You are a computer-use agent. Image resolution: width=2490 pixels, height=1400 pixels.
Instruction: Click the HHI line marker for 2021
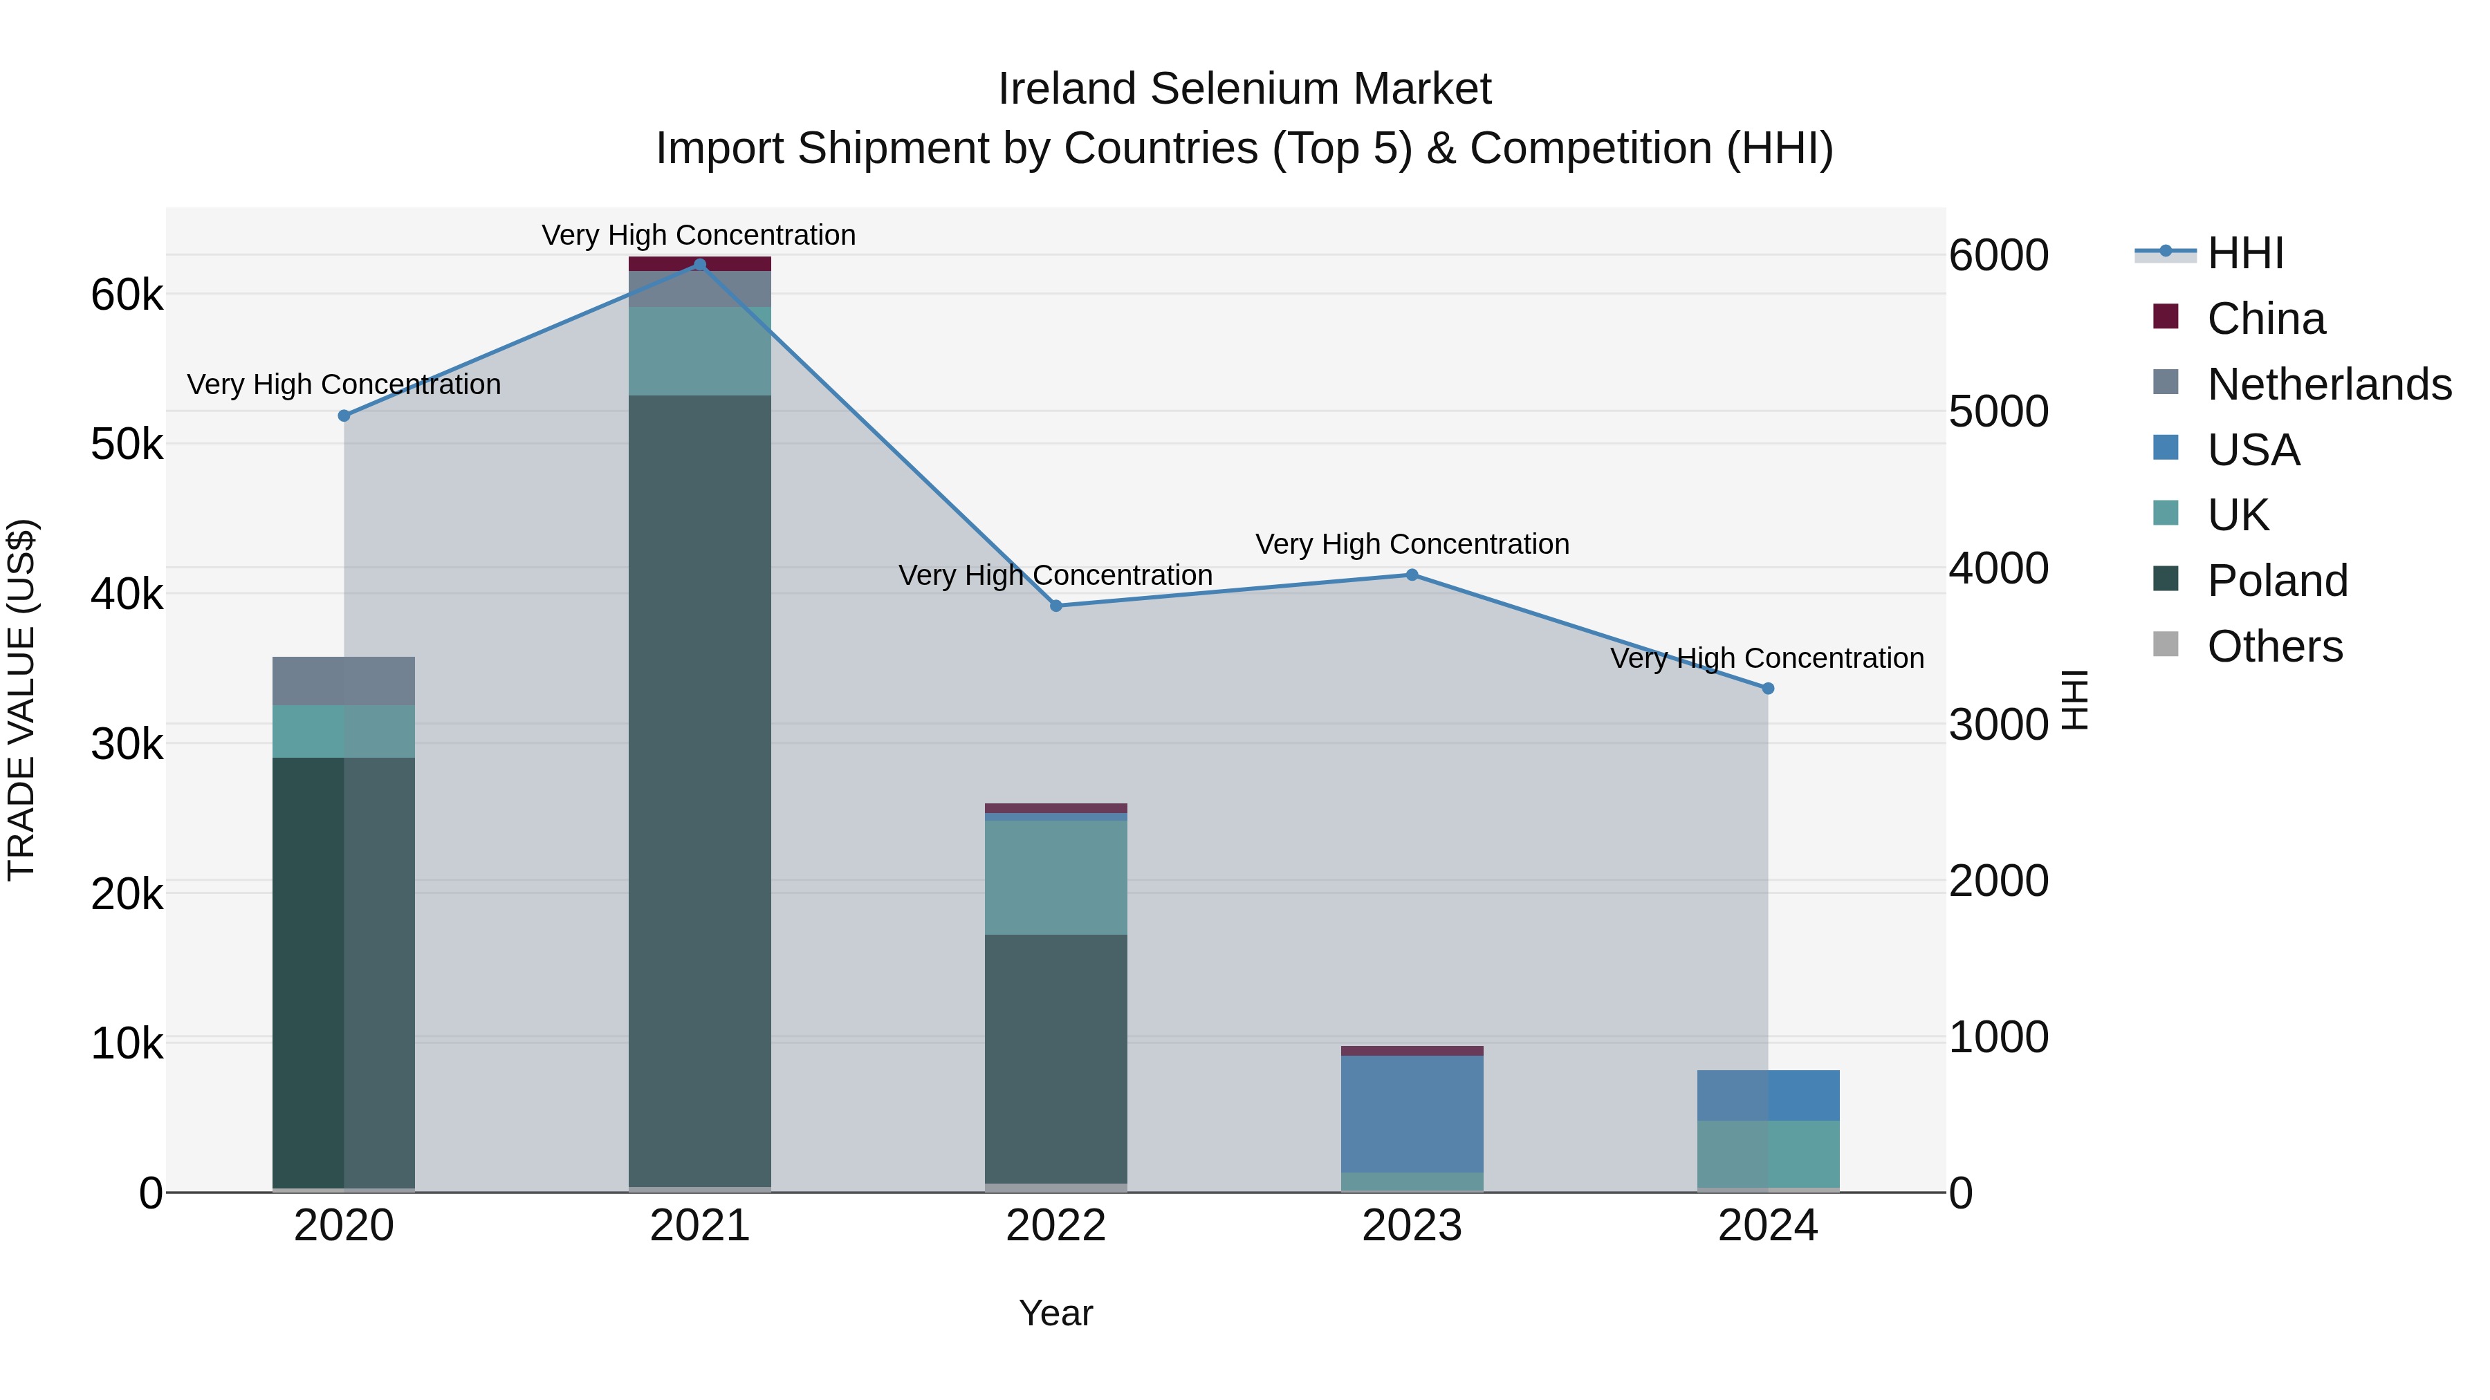[x=700, y=265]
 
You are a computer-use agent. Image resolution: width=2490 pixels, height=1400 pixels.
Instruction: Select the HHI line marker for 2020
[x=344, y=416]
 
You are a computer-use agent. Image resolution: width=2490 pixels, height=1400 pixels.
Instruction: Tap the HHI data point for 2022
[x=1055, y=606]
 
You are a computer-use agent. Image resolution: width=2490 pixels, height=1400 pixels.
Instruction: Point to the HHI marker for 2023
[x=1411, y=575]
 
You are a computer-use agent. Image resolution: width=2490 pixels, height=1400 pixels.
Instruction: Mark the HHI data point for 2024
[x=1768, y=689]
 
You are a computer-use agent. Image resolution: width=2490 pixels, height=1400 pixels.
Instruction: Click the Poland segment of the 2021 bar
[x=700, y=792]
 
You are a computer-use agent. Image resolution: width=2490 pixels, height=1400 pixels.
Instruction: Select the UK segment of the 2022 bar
[x=1055, y=877]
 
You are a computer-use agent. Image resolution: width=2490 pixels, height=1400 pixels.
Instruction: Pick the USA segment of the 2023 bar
[x=1411, y=1114]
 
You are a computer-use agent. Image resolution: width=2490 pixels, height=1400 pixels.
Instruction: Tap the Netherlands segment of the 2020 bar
[x=344, y=681]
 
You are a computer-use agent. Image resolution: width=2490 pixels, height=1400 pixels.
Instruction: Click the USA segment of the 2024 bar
[x=1768, y=1096]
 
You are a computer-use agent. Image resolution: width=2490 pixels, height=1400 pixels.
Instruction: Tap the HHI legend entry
[x=2244, y=253]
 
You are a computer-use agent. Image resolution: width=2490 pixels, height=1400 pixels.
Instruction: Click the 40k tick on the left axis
[x=127, y=594]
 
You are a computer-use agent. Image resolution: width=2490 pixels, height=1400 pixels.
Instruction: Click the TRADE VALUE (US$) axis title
[x=22, y=700]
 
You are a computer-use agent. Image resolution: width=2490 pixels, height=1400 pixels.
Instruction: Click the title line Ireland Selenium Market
[x=1244, y=89]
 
